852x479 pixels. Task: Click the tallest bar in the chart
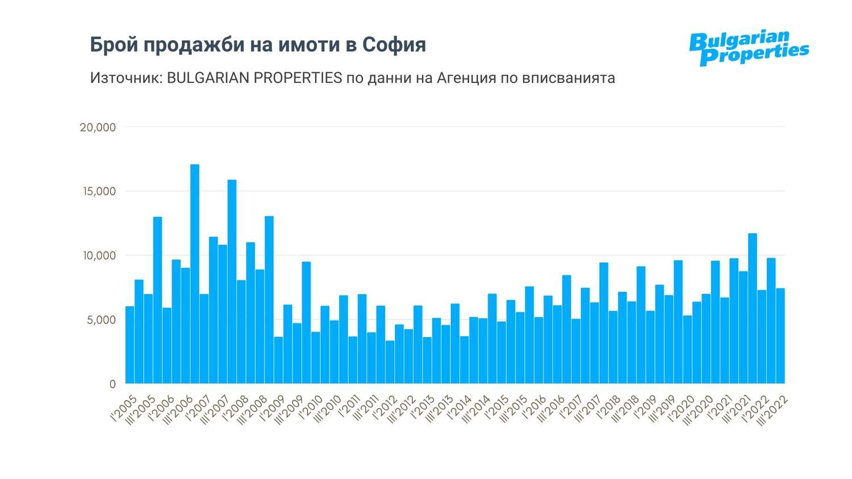195,272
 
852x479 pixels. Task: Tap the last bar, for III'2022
780,335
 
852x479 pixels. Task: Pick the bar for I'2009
278,360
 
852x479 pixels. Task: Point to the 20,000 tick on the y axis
98,127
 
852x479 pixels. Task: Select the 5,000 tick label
101,320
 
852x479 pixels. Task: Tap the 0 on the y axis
112,384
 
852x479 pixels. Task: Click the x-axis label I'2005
124,409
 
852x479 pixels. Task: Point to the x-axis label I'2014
460,409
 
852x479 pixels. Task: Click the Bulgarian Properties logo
749,48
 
